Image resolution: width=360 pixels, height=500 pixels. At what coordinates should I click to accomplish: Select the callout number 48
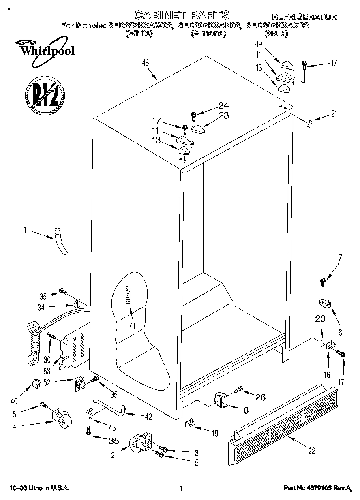[146, 63]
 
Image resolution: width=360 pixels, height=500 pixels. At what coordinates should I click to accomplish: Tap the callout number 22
[311, 451]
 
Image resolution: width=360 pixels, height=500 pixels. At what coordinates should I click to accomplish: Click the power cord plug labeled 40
[37, 382]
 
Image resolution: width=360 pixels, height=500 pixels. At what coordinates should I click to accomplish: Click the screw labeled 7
[323, 280]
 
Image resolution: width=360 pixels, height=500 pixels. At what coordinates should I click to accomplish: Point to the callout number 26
[260, 397]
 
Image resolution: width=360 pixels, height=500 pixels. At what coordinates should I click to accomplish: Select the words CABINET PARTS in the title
[182, 15]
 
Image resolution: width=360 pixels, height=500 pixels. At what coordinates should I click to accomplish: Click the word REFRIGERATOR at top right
[304, 17]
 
